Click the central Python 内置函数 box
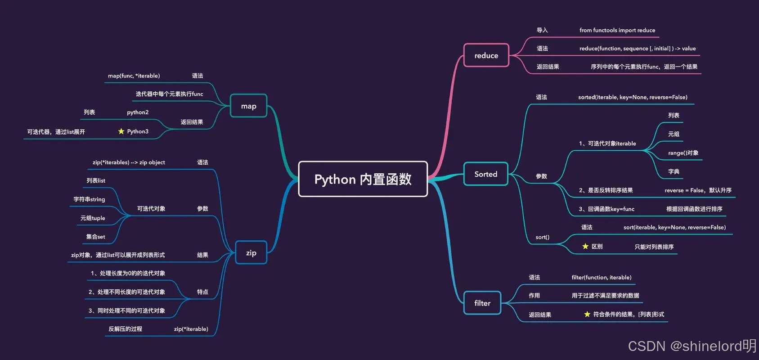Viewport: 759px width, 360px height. [x=363, y=179]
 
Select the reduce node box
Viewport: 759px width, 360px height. [x=486, y=55]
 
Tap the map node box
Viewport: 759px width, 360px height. [x=248, y=106]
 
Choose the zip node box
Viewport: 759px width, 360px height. [x=251, y=253]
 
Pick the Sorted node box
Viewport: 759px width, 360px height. [x=485, y=174]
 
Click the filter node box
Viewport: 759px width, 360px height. [x=482, y=303]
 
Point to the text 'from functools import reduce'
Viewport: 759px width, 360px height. [x=617, y=30]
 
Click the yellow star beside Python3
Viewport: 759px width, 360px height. [x=121, y=131]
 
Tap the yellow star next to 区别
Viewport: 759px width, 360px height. [x=585, y=247]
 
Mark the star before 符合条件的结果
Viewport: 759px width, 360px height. [x=587, y=314]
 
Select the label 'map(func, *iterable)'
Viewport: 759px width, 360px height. [x=134, y=76]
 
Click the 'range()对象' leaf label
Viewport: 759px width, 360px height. [x=683, y=153]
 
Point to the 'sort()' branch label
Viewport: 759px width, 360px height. [x=542, y=237]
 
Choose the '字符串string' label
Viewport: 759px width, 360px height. [x=89, y=199]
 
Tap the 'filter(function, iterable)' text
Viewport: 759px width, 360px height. [x=601, y=277]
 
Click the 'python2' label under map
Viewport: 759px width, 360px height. [x=138, y=112]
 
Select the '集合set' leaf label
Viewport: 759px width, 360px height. [x=95, y=237]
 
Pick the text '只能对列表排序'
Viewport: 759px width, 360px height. [x=654, y=247]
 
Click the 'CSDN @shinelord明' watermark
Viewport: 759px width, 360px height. [x=692, y=346]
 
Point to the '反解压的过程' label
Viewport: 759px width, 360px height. [x=125, y=329]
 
